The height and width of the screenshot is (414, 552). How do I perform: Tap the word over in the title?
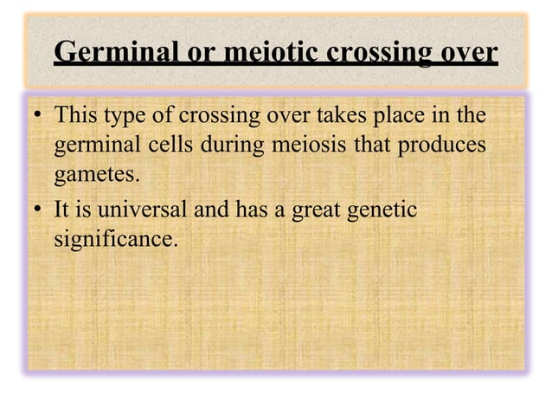[465, 53]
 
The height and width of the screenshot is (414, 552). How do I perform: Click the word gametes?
[95, 177]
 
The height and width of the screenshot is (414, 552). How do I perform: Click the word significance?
[115, 239]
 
